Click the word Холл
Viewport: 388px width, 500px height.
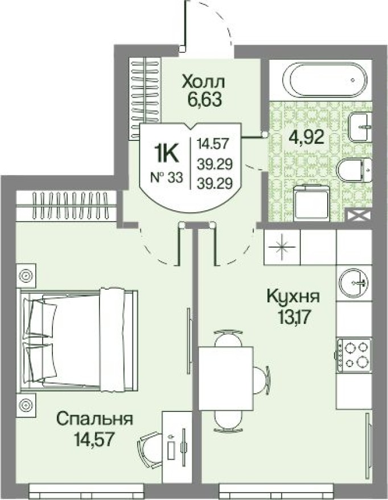[x=204, y=82]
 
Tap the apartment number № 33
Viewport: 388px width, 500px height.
[x=166, y=178]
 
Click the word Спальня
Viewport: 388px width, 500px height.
[x=94, y=420]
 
